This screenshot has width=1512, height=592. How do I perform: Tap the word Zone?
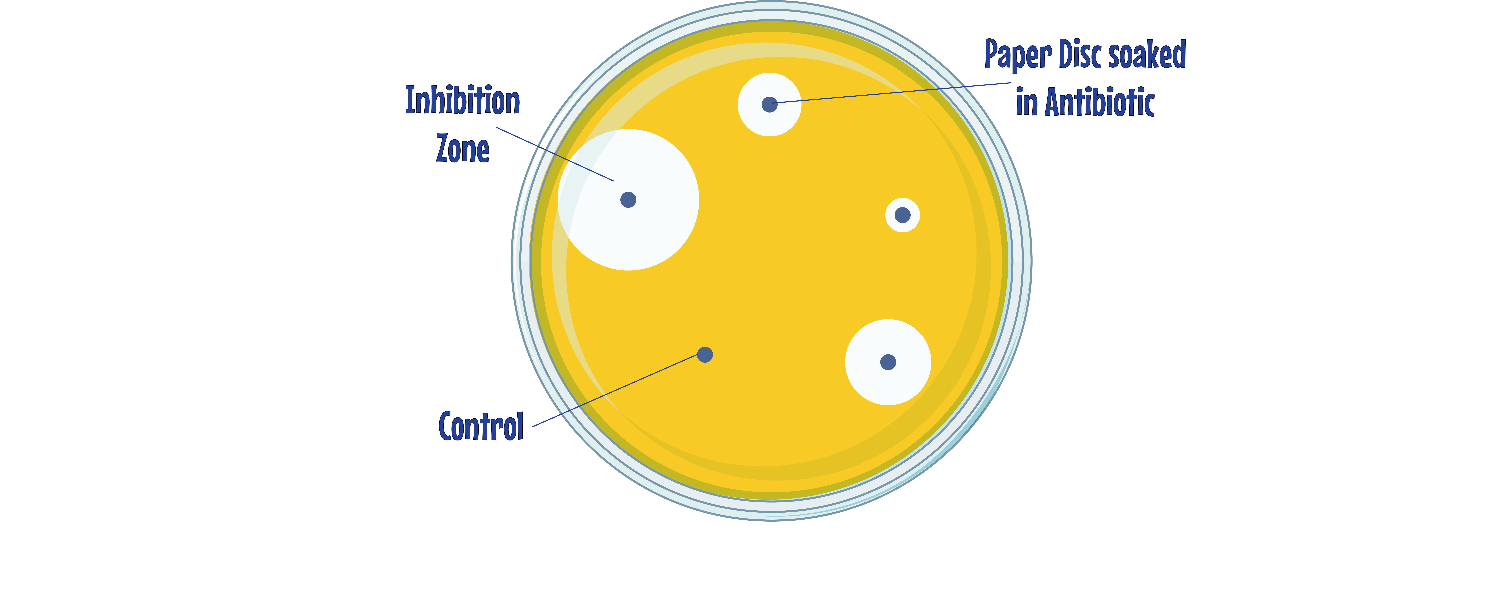pos(463,148)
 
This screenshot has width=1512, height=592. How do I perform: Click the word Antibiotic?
pos(1099,102)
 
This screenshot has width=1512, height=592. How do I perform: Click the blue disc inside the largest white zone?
pos(628,199)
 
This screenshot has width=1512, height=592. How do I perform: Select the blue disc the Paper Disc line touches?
pos(769,104)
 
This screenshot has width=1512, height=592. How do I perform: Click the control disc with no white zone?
pos(705,354)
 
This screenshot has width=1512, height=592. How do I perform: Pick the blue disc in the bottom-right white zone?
pos(888,362)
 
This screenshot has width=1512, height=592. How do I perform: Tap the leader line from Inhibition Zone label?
pos(555,154)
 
